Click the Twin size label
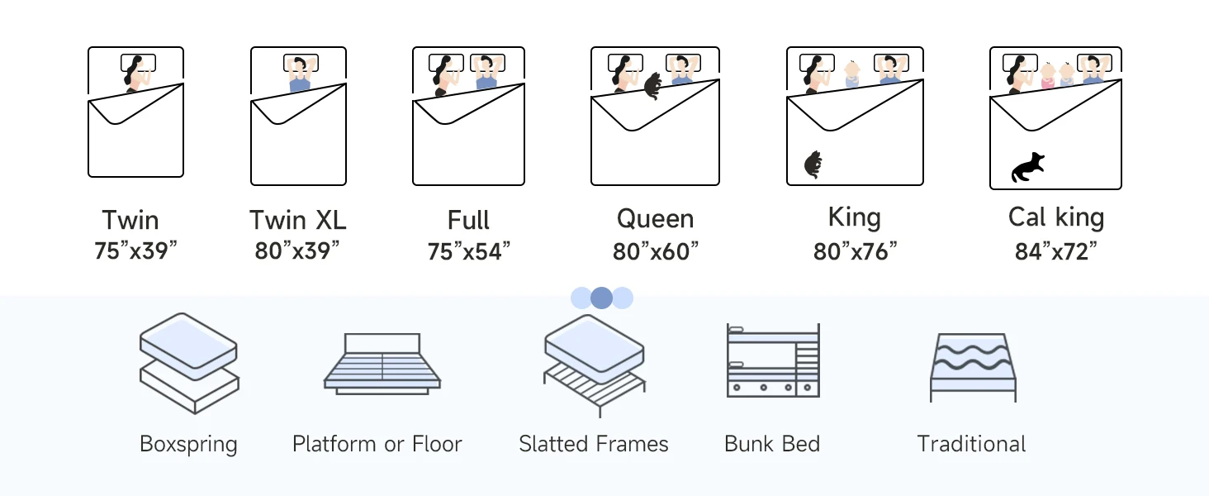(x=130, y=221)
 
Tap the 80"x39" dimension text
(x=297, y=251)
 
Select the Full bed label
(x=468, y=221)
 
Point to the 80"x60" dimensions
(x=656, y=251)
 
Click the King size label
(x=854, y=218)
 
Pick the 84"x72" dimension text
(x=1056, y=251)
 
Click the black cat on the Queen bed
(x=652, y=85)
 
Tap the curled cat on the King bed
(x=813, y=165)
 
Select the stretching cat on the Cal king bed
(x=1027, y=167)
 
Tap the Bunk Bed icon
(x=773, y=360)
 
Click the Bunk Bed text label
(x=772, y=444)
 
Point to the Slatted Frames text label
(x=594, y=444)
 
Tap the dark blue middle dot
(x=602, y=298)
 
